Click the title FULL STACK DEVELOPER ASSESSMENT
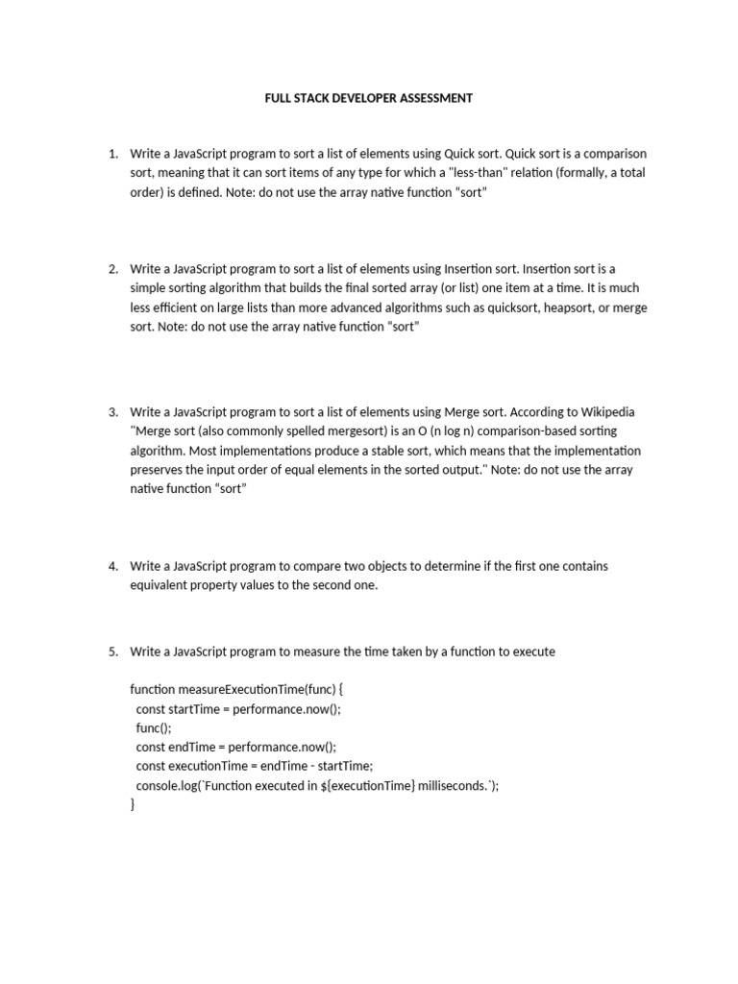pyautogui.click(x=369, y=98)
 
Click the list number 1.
pyautogui.click(x=112, y=154)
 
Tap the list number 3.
pyautogui.click(x=112, y=412)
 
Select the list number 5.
pyautogui.click(x=112, y=652)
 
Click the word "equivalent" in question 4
pyautogui.click(x=161, y=585)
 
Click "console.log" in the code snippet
pyautogui.click(x=167, y=786)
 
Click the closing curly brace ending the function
pyautogui.click(x=133, y=805)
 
